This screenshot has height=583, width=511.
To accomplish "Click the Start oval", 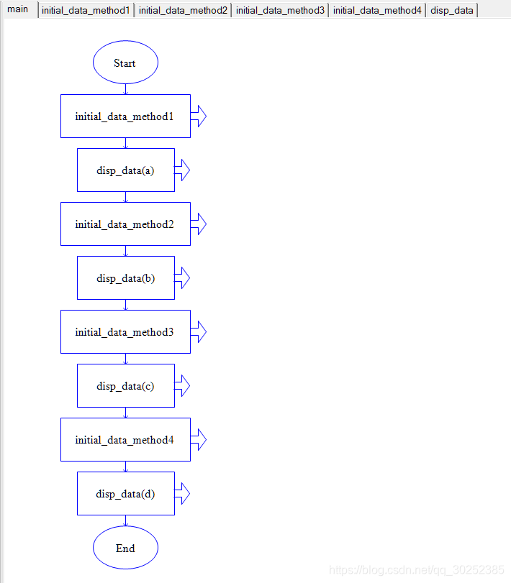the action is pos(125,63).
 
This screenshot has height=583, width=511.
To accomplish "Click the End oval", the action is pos(125,548).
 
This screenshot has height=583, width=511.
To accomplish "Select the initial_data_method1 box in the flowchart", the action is pos(125,116).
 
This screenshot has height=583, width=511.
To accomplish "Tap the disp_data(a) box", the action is pos(125,170).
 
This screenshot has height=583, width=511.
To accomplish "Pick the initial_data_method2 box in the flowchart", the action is pos(125,224).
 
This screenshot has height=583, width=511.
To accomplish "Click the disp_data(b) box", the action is pos(125,278).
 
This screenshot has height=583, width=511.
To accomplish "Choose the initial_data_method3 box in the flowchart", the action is pos(125,332).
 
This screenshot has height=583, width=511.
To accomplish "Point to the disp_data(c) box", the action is pos(125,386).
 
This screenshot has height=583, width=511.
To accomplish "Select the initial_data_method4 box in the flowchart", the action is pos(125,440).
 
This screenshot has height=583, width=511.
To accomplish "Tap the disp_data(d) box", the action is pos(125,494).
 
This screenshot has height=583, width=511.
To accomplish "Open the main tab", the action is pos(18,9).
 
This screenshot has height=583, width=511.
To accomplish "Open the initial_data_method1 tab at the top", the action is pos(86,10).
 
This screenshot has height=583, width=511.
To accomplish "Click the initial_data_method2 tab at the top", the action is pos(183,10).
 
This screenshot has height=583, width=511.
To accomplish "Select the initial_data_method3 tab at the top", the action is pos(280,10).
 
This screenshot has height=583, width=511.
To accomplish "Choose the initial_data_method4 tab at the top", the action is pos(377,10).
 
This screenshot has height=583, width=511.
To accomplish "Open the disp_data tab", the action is pos(452,10).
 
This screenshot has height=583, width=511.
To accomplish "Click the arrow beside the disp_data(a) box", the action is pos(182,170).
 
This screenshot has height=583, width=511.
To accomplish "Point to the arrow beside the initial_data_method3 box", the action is pos(199,332).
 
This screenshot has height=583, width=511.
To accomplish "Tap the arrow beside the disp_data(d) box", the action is pos(182,494).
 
